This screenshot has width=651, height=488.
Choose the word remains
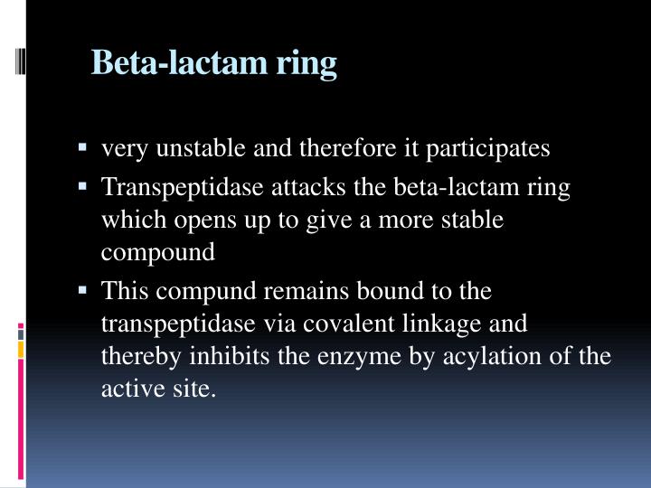coord(296,292)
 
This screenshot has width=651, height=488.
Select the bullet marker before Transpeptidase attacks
coord(84,186)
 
